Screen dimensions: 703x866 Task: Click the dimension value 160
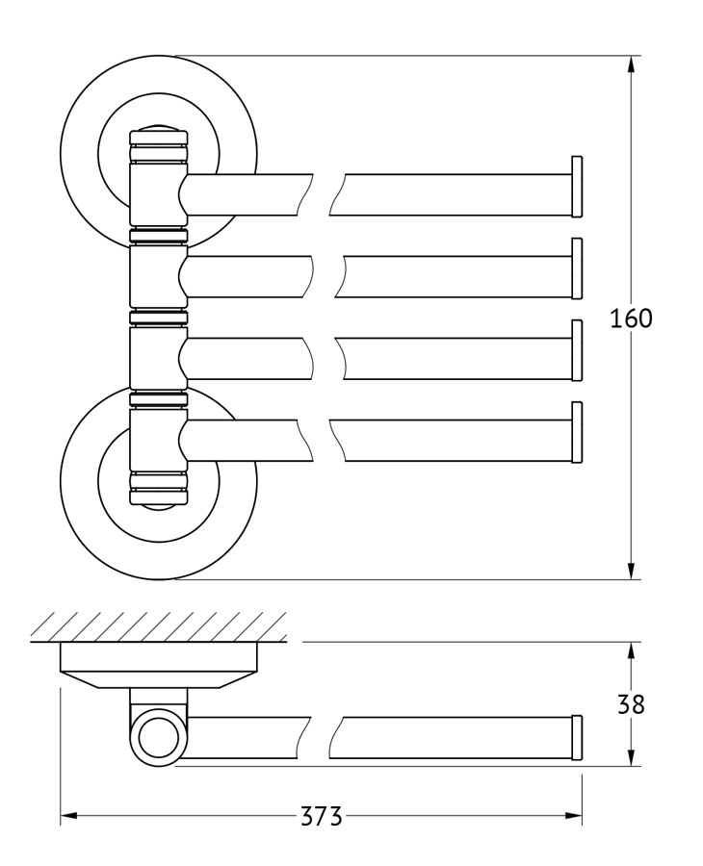pyautogui.click(x=631, y=318)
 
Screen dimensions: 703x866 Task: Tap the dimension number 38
pyautogui.click(x=631, y=704)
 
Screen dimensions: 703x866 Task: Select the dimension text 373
pyautogui.click(x=322, y=816)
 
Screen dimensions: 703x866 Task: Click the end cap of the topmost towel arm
pyautogui.click(x=577, y=187)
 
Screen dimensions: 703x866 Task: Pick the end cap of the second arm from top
pyautogui.click(x=577, y=268)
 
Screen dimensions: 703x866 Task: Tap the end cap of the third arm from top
pyautogui.click(x=577, y=350)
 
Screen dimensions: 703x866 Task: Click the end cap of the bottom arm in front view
pyautogui.click(x=577, y=432)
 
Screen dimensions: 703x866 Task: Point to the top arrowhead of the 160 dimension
pyautogui.click(x=631, y=66)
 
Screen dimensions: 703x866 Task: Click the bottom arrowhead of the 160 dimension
pyautogui.click(x=631, y=569)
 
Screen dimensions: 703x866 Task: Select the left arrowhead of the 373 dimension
pyautogui.click(x=69, y=816)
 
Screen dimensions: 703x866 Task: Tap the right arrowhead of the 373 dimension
pyautogui.click(x=572, y=816)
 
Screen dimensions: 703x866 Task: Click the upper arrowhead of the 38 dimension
pyautogui.click(x=631, y=652)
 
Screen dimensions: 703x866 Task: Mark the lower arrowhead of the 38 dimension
pyautogui.click(x=631, y=755)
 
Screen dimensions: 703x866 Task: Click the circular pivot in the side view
pyautogui.click(x=159, y=738)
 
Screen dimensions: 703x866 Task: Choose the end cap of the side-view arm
pyautogui.click(x=577, y=738)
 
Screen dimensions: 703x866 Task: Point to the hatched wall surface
pyautogui.click(x=159, y=626)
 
